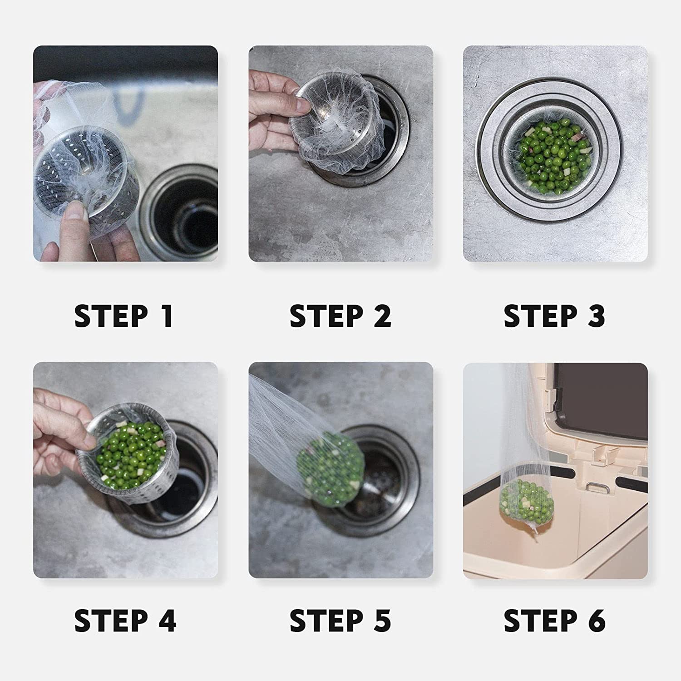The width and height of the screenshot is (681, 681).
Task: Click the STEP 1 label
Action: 124,316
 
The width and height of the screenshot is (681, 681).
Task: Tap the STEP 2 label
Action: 340,316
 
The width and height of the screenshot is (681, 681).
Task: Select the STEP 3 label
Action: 554,316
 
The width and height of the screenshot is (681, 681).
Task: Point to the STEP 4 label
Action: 125,621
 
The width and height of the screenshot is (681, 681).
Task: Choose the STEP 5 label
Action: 340,621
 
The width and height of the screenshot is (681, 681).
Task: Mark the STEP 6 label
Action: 554,621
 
